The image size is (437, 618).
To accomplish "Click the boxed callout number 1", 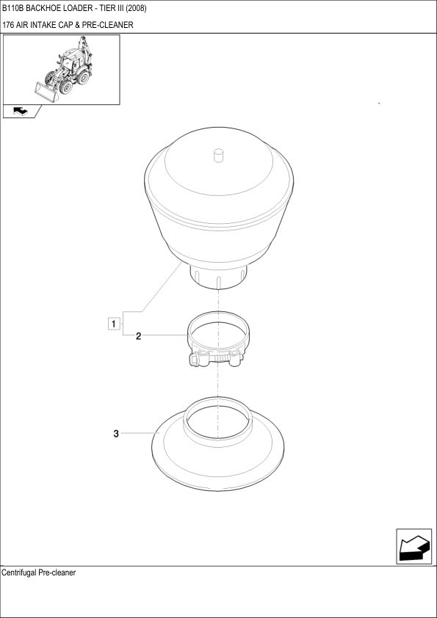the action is (114, 324).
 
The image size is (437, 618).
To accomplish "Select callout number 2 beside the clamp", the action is (138, 336).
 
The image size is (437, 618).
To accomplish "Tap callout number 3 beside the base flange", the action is (116, 434).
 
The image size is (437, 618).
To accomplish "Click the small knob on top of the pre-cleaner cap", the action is (219, 155).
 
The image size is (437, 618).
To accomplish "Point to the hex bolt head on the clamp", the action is (194, 360).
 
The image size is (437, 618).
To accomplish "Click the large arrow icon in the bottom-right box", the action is (414, 547).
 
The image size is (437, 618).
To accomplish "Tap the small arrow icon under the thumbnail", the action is (21, 111).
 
